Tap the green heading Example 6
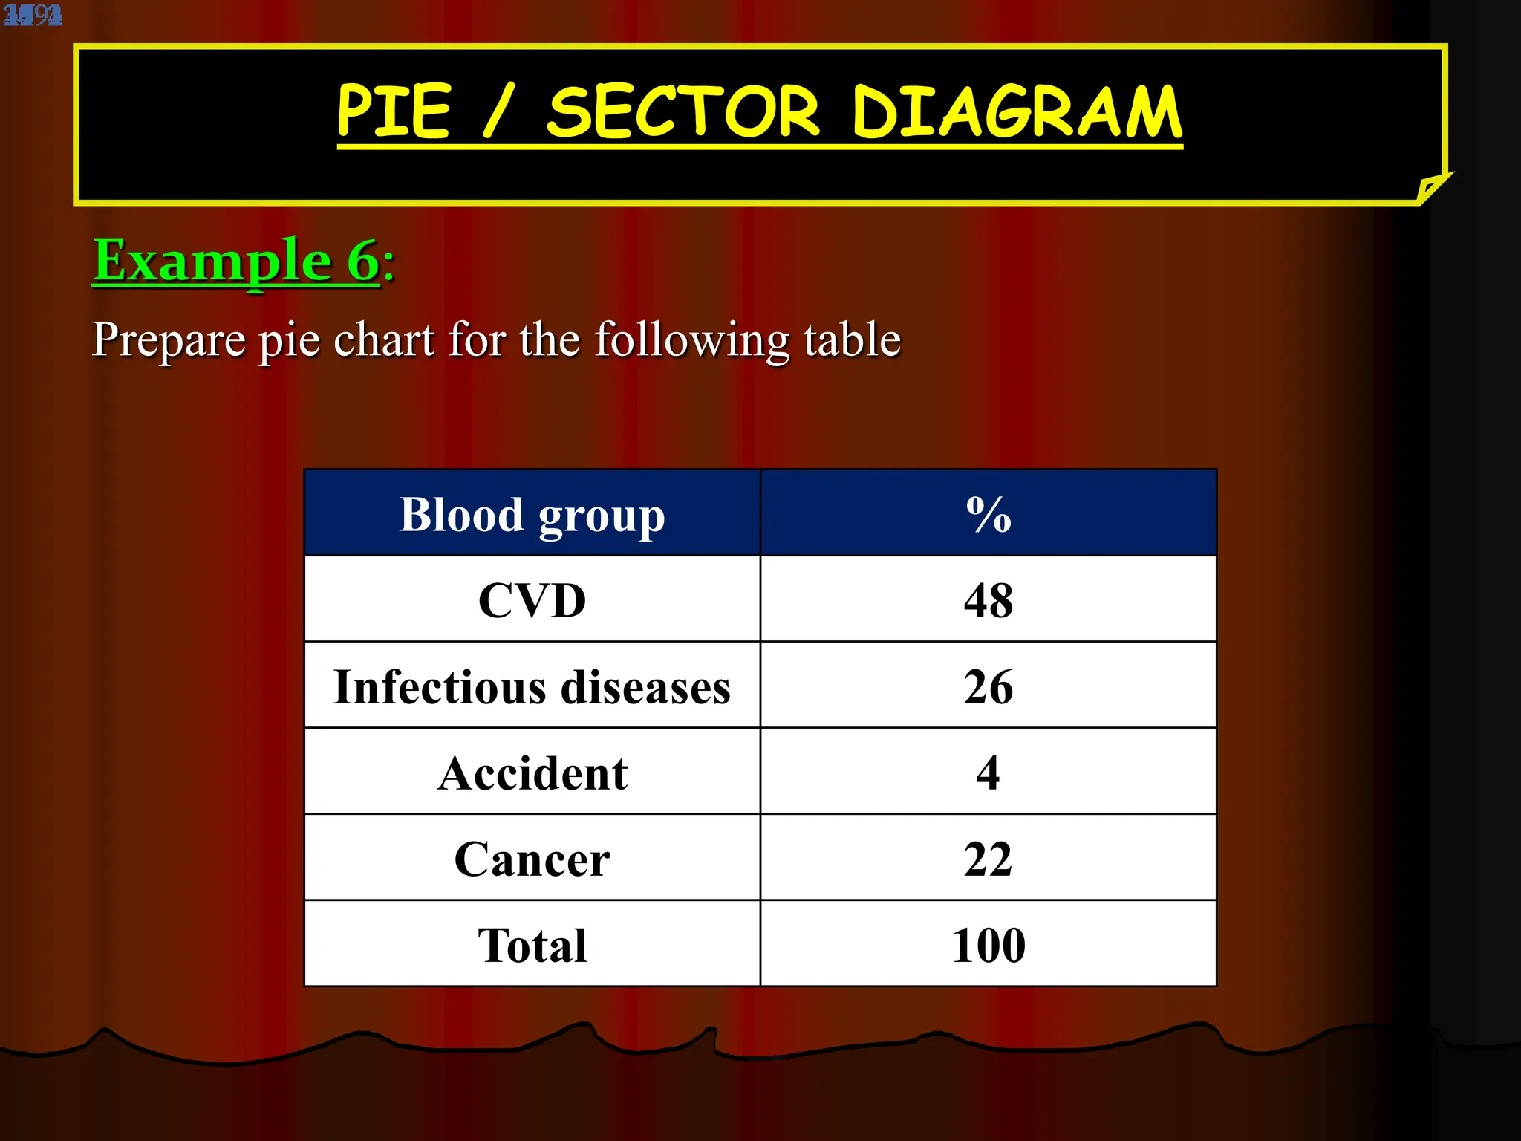point(236,261)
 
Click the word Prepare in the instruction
point(169,339)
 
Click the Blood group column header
point(532,514)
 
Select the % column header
point(989,514)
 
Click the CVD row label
point(532,600)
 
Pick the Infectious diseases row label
point(532,686)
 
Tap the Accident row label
point(532,773)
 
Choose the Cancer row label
point(532,859)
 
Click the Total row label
point(532,945)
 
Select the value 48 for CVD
point(989,600)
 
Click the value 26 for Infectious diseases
point(989,686)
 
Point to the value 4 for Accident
point(989,773)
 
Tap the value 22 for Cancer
point(989,859)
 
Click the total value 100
point(989,945)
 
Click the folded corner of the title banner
point(1431,188)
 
